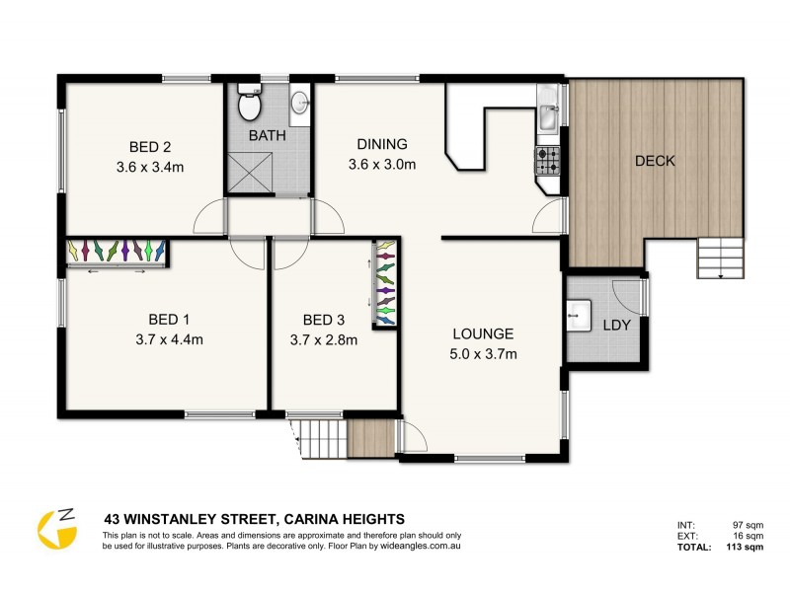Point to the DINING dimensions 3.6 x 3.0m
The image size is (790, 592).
382,164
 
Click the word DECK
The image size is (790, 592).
655,161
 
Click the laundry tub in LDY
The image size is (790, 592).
579,318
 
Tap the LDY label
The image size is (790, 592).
616,325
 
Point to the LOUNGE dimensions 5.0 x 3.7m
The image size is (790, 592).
484,354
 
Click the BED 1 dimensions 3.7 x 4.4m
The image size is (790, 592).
168,340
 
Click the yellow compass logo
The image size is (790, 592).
57,528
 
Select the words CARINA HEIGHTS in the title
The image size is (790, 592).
344,518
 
